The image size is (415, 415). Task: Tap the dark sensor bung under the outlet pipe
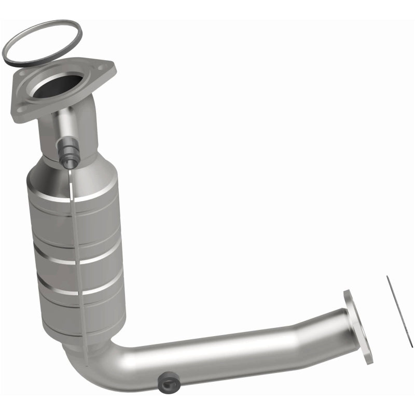pos(168,380)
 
